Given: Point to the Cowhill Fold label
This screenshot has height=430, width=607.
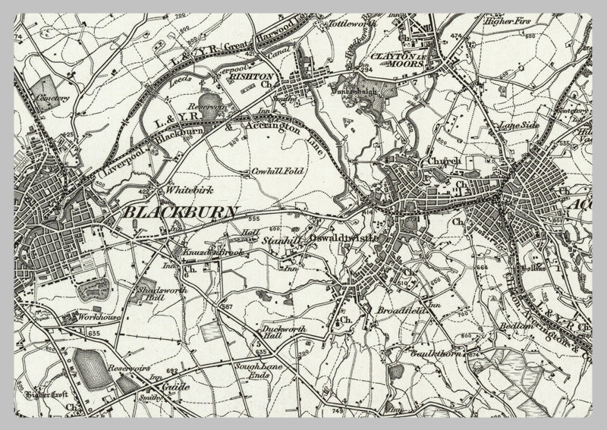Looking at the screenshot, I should point(278,172).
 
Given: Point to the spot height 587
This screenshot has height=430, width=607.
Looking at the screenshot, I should point(225,306).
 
